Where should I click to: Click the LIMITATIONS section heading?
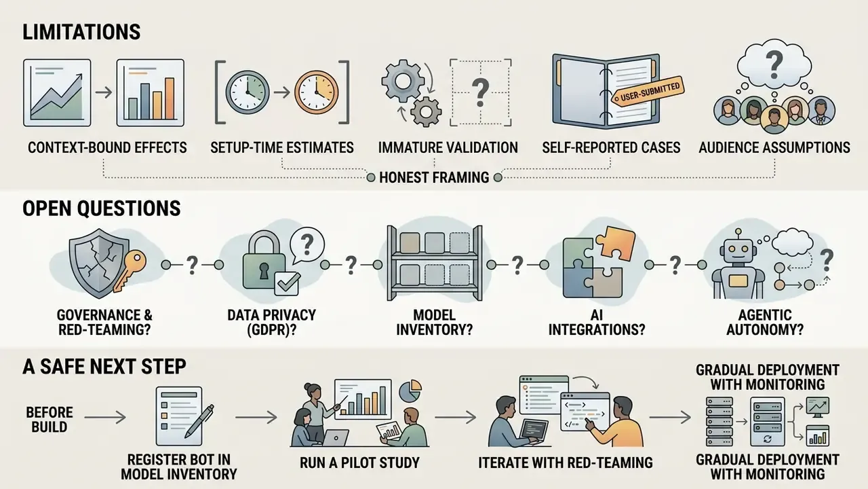click(81, 32)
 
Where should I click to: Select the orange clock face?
click(316, 92)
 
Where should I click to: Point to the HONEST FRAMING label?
click(434, 177)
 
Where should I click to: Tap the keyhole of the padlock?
click(264, 270)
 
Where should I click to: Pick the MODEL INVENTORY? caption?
click(434, 322)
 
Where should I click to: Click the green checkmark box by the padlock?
click(287, 283)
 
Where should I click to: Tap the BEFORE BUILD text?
click(50, 420)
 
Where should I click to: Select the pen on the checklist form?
click(199, 422)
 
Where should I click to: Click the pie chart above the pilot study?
click(410, 391)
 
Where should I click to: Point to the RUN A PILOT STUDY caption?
click(359, 463)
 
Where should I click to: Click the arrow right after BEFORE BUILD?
click(105, 418)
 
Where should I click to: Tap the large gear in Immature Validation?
click(398, 81)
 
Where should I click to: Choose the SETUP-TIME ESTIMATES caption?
click(281, 147)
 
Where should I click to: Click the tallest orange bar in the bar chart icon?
click(170, 98)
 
